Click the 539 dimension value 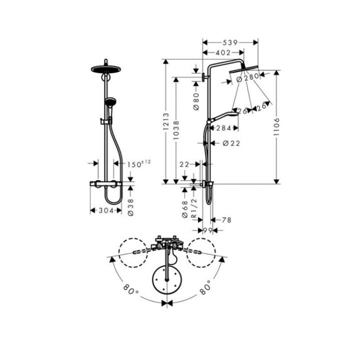coord(230,42)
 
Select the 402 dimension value coord(223,52)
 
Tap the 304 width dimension coord(106,210)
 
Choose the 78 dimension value coord(225,220)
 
